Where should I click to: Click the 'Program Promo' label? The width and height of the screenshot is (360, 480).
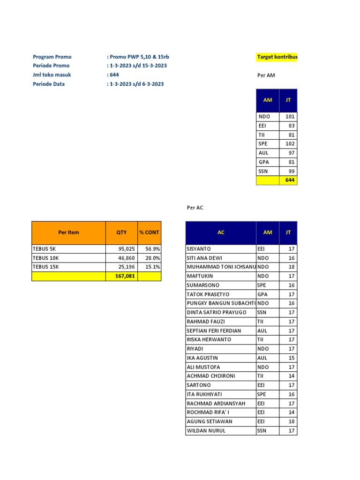coord(52,57)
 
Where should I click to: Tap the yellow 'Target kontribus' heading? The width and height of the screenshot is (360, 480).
coord(277,57)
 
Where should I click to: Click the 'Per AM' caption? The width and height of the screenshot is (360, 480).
coord(266,75)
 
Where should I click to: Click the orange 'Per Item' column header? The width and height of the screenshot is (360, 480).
coord(68,232)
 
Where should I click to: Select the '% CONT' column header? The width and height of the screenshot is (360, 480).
coord(149,232)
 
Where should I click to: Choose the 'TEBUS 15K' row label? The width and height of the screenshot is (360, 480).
coord(45,267)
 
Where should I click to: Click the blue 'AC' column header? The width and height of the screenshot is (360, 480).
coord(221,232)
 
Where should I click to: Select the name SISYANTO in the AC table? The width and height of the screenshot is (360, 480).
coord(199,249)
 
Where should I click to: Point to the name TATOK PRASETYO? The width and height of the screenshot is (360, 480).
coord(208,294)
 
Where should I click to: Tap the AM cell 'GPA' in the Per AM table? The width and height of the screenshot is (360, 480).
coord(264,162)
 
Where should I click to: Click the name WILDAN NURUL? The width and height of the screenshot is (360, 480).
coord(206,430)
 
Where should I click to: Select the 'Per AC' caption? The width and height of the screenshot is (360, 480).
coord(195,207)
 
